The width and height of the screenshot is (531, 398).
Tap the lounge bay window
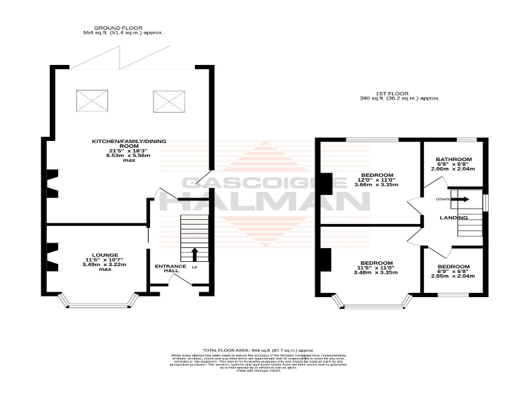[96, 303]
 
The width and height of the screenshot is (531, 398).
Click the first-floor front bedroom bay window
[372, 303]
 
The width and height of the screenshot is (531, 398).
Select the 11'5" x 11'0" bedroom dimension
[375, 267]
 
